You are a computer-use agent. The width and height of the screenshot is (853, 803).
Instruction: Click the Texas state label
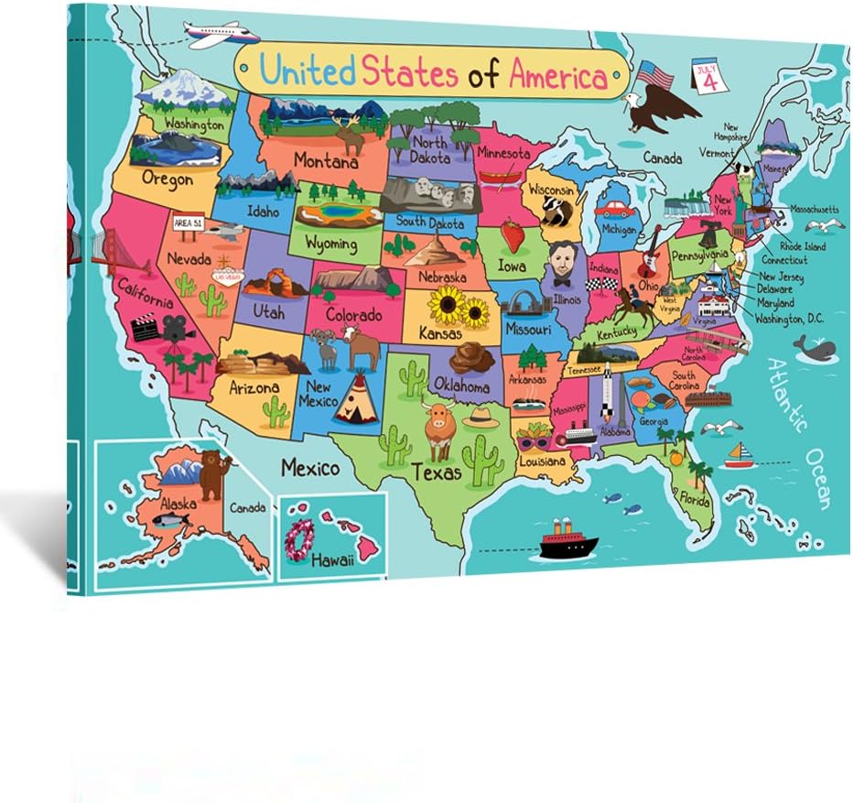(x=436, y=472)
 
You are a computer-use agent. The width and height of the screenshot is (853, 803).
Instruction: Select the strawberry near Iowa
(x=513, y=236)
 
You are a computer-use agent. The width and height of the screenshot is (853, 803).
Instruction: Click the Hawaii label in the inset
(x=331, y=559)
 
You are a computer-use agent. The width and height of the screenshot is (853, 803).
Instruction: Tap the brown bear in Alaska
(x=212, y=473)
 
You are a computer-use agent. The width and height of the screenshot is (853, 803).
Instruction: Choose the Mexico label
(x=310, y=468)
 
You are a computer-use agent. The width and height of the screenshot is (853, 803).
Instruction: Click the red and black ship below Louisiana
(x=567, y=543)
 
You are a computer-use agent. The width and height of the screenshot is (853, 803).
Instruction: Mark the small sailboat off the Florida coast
(x=739, y=454)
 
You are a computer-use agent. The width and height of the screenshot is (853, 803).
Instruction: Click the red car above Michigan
(x=615, y=206)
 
